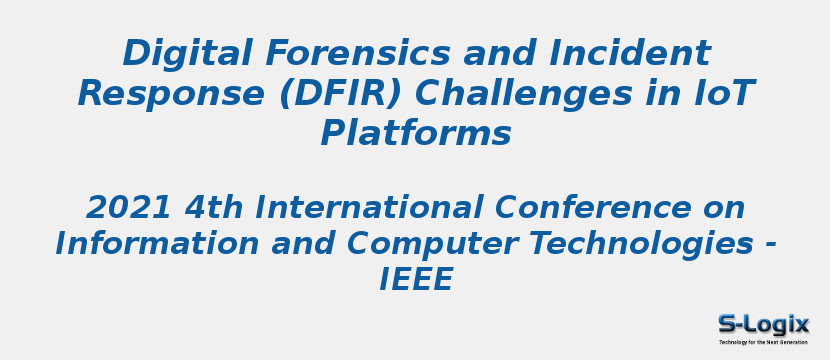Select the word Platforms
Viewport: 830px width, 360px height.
415,134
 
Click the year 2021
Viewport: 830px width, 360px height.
130,208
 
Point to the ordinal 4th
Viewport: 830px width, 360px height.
215,208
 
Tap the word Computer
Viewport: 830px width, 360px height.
420,244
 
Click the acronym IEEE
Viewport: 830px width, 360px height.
415,281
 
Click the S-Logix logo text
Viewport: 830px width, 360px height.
763,324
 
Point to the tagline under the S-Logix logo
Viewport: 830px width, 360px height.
763,342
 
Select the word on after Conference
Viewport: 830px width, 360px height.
722,208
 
